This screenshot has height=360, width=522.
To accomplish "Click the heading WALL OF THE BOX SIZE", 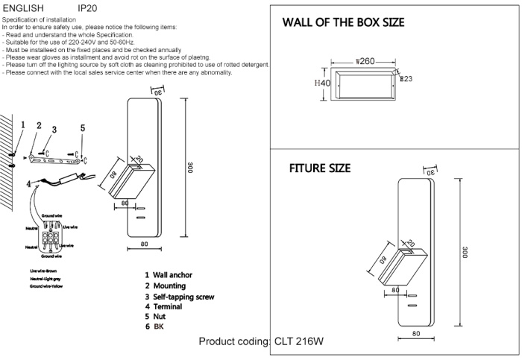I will tap(344, 22).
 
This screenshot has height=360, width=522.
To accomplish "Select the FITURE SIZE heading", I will tap(320, 168).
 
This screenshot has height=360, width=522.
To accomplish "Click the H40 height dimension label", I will tap(321, 83).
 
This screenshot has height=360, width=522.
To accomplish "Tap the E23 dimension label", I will tap(406, 78).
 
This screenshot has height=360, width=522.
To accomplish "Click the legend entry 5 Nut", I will tap(160, 317).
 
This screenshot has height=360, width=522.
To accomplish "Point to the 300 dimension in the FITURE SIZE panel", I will tap(465, 253).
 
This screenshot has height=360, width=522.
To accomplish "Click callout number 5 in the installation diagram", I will tap(83, 128).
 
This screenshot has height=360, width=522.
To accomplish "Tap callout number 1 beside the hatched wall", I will tap(22, 126).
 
